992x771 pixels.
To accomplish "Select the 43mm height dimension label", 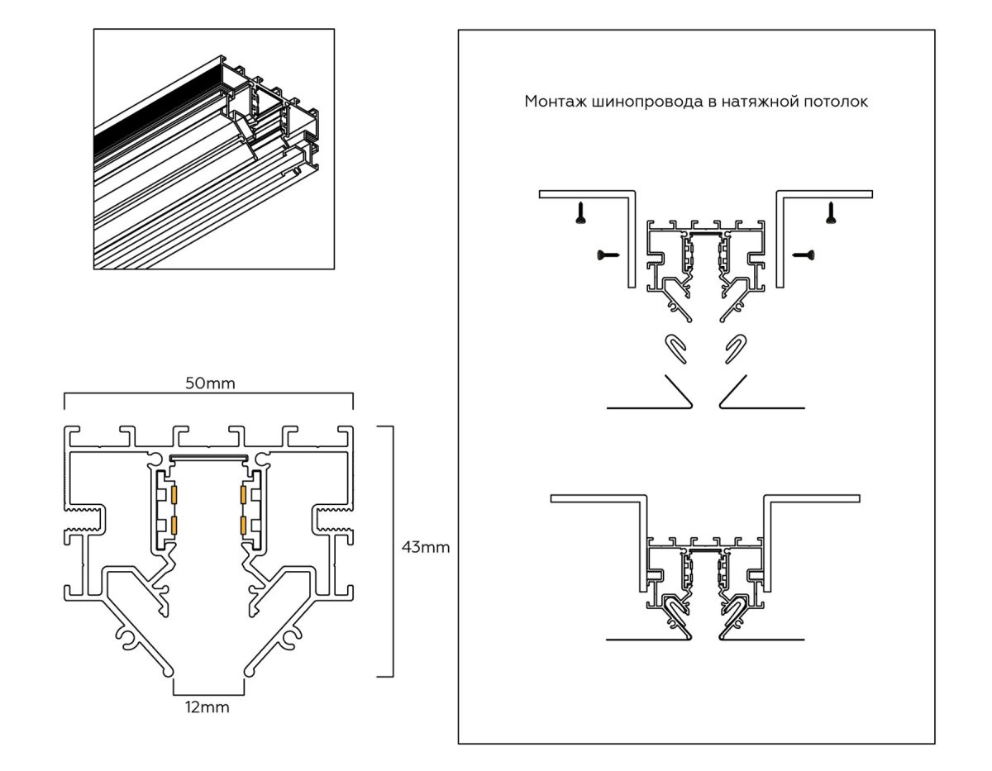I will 425,548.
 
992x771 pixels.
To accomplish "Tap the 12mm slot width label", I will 207,707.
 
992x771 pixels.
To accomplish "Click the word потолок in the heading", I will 836,102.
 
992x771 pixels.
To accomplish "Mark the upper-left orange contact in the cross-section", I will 174,495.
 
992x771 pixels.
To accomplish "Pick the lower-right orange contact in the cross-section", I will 243,526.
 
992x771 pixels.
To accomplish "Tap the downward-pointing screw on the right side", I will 829,214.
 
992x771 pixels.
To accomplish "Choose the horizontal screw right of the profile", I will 804,255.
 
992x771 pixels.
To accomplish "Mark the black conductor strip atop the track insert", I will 207,456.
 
